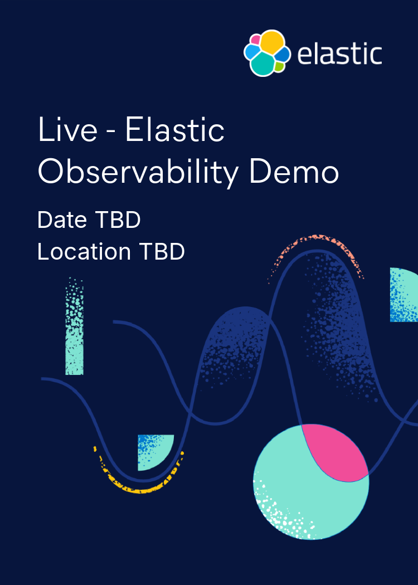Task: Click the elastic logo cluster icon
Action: [267, 53]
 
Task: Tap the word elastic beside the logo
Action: [339, 55]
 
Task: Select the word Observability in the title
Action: [138, 173]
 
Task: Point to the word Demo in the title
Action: [294, 173]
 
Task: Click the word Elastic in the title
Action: [175, 131]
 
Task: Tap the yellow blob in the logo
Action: [273, 42]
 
